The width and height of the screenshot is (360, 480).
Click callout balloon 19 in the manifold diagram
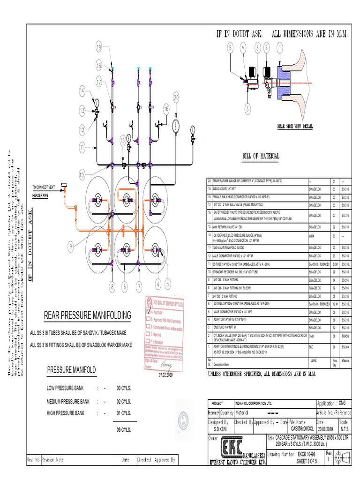coord(99,47)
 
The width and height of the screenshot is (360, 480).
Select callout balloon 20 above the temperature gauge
coord(176,97)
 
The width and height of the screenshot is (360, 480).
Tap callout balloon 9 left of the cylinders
coord(70,245)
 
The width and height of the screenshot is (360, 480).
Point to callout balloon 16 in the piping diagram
coord(166,108)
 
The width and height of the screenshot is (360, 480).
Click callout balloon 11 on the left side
coord(82,147)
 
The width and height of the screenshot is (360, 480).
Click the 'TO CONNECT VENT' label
coord(44,187)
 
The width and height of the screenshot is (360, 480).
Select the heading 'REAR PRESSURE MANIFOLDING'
coord(87,315)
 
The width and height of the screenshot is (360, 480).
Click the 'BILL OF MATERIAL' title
coord(261,156)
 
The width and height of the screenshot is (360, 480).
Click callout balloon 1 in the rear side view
coord(280,48)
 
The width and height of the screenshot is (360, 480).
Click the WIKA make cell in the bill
coord(312,236)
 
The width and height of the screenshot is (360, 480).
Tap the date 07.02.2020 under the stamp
coord(165,375)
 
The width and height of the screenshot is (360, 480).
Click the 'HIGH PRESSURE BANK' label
coord(66,413)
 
